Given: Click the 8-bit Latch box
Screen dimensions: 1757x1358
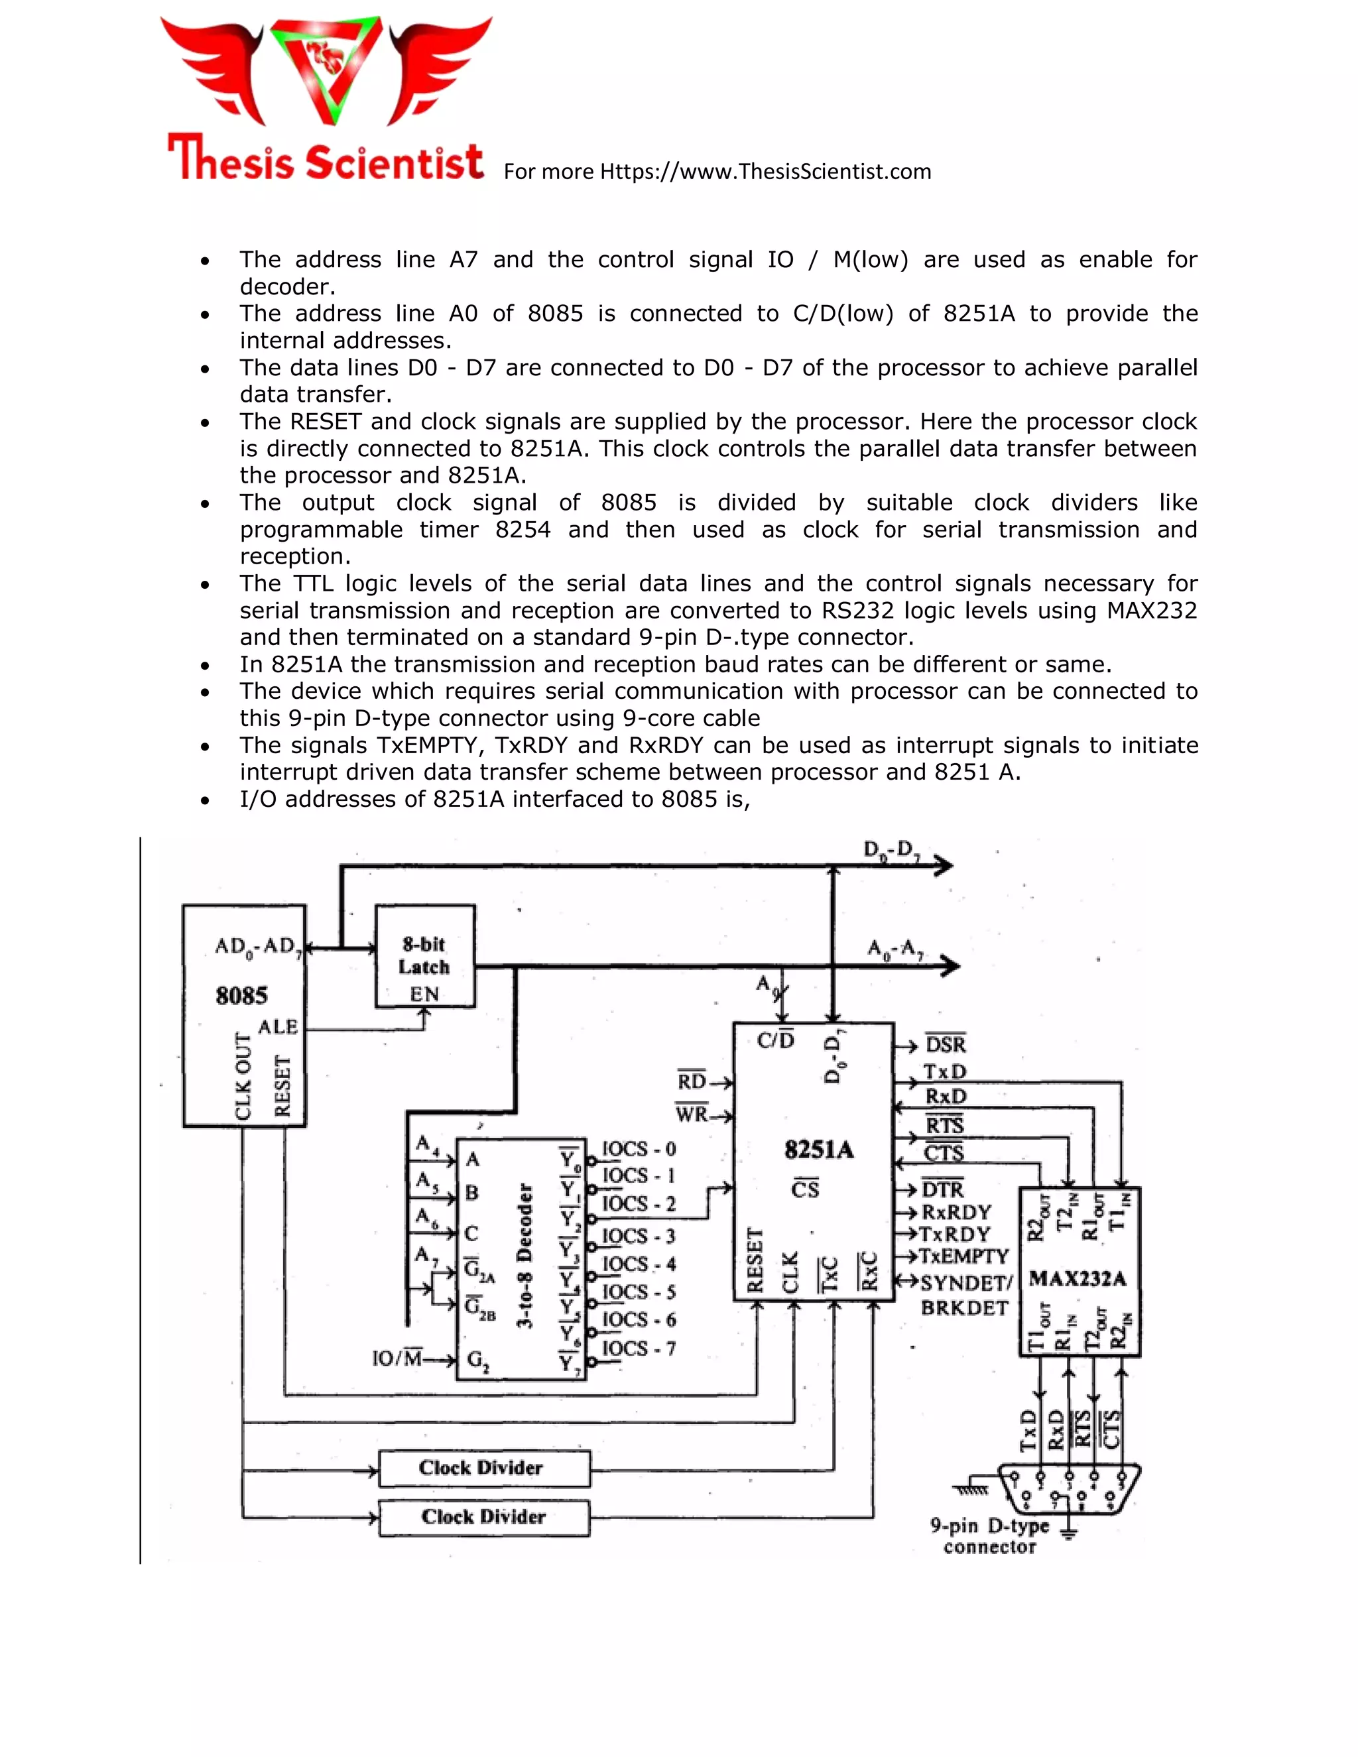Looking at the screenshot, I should coord(425,955).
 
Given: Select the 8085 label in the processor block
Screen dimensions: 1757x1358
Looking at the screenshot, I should coord(241,996).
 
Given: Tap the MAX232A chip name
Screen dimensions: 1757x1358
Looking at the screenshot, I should coord(1078,1279).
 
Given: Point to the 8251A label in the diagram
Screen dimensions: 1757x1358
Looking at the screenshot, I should coord(818,1150).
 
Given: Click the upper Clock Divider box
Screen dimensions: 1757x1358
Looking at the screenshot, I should coord(483,1468).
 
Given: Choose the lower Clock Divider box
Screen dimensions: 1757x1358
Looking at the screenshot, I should coord(483,1517).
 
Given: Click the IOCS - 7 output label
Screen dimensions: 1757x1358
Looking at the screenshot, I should coord(639,1349).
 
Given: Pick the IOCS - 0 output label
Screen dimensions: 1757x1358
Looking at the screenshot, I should coord(639,1149).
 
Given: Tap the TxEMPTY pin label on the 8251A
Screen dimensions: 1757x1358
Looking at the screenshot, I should coord(963,1256).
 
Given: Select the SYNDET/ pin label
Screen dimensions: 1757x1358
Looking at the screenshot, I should coord(965,1283).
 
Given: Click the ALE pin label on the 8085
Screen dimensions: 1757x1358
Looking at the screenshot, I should coord(278,1027).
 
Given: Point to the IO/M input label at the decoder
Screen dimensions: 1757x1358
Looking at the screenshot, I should coord(397,1359).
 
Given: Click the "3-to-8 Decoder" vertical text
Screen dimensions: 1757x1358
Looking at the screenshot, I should coord(525,1256).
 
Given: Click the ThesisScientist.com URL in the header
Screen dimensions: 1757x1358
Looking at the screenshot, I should coord(765,171).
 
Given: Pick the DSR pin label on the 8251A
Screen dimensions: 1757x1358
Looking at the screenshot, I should coord(946,1045).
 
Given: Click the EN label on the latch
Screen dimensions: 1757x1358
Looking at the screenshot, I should coord(424,995).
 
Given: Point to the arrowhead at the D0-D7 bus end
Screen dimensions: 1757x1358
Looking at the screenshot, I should coord(943,866).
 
